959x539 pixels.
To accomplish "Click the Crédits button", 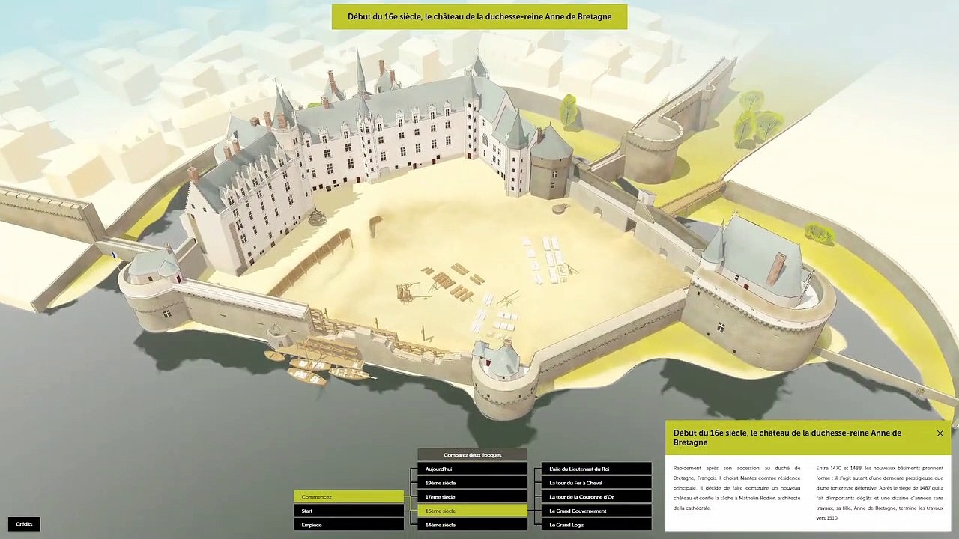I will tap(24, 524).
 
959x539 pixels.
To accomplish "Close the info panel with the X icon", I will tap(940, 433).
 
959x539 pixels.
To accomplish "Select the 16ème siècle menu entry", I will tap(472, 511).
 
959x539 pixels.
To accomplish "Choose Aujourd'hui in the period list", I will tap(472, 469).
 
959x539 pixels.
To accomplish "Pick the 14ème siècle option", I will tap(472, 525).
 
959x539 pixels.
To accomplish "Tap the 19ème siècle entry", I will tap(472, 483).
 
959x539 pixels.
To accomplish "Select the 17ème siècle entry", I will tap(472, 497).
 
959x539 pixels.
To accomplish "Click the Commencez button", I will tap(348, 497).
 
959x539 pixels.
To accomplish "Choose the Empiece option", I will tap(348, 525).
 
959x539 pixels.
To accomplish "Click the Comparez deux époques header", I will tap(472, 454).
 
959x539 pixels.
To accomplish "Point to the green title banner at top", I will tap(479, 16).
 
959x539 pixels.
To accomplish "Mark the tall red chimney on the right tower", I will tap(776, 268).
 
